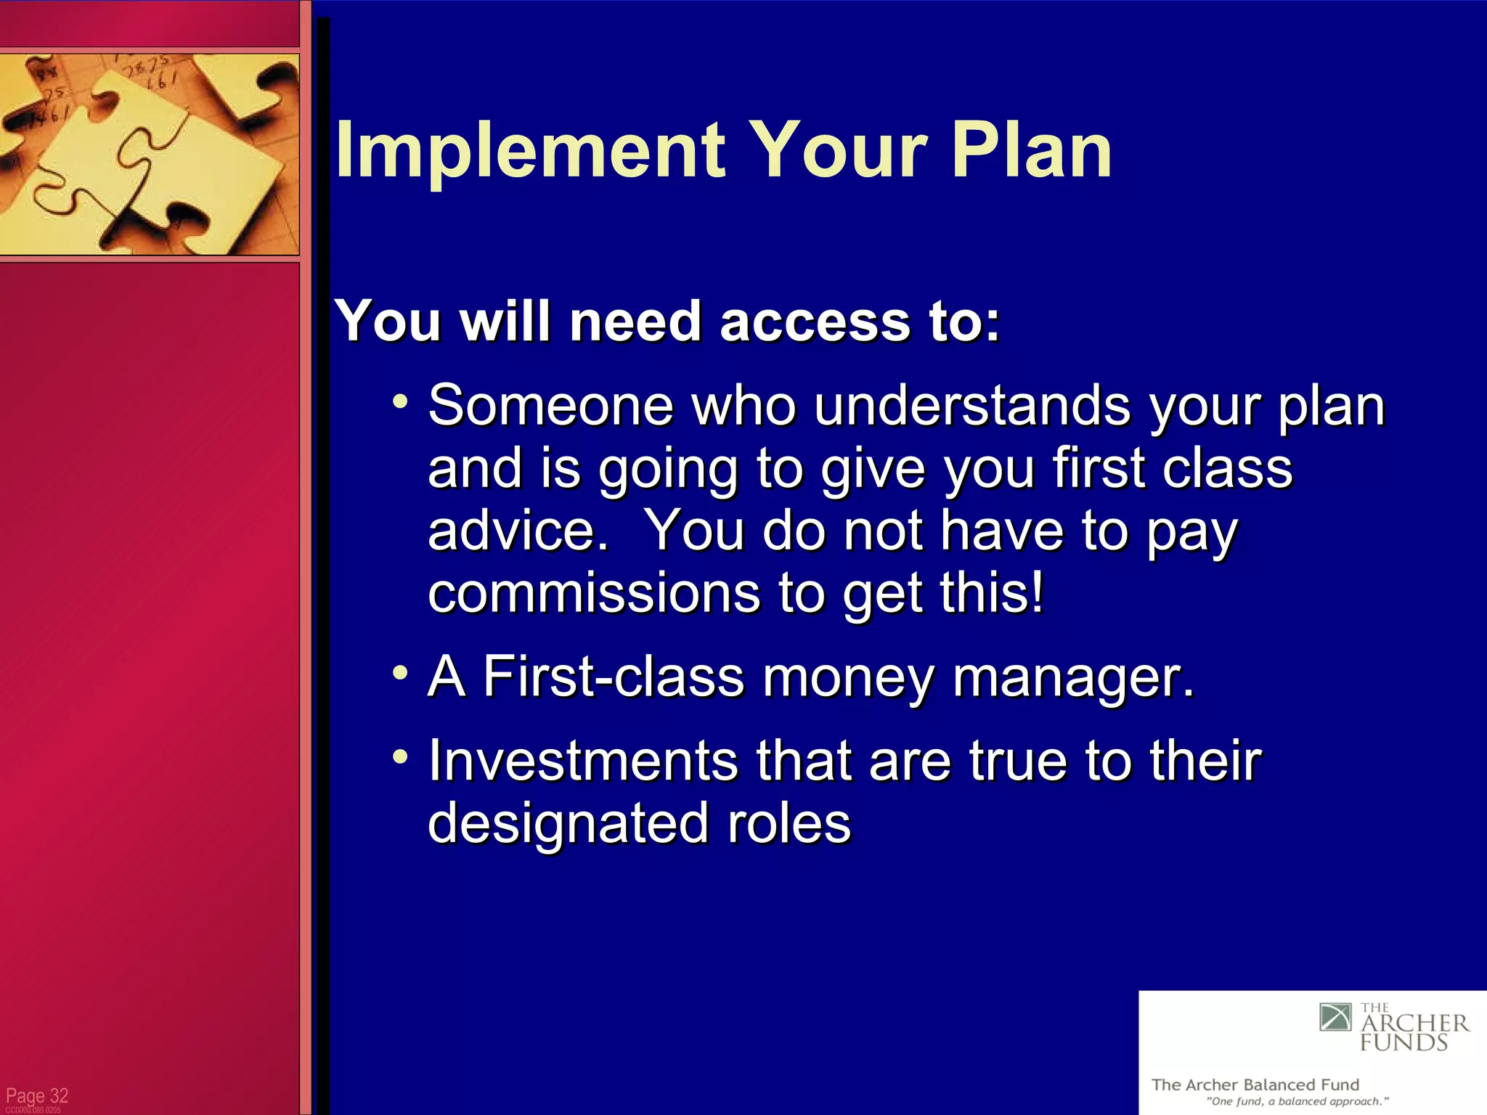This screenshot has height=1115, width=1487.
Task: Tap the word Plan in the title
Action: tap(1031, 150)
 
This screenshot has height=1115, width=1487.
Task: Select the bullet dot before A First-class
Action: tap(400, 672)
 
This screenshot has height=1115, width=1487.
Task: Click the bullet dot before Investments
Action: tap(400, 756)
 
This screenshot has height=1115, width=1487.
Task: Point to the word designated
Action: tap(566, 824)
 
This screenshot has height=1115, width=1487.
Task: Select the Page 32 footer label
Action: tap(37, 1095)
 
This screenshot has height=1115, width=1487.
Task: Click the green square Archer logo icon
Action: tap(1335, 1017)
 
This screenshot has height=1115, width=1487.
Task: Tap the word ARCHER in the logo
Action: tap(1414, 1024)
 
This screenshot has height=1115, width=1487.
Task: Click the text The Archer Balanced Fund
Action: tap(1255, 1085)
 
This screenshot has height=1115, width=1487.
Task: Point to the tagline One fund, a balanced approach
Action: tap(1297, 1102)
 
